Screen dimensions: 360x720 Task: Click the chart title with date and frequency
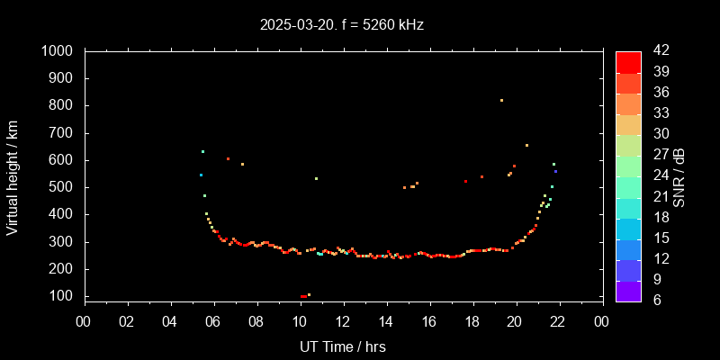[341, 25]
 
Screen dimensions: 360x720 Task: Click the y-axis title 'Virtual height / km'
[13, 177]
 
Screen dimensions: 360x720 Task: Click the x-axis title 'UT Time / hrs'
[343, 346]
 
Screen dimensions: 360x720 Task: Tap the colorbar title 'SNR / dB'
[679, 177]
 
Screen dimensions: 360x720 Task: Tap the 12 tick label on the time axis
[343, 321]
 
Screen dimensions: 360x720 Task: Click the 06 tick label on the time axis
[214, 321]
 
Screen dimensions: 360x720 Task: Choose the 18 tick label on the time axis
[472, 321]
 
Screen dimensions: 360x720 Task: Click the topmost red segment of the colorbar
[628, 61]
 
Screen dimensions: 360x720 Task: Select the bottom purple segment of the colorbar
[628, 290]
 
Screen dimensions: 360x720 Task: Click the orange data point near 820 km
[501, 100]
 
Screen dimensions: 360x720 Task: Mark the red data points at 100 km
[303, 296]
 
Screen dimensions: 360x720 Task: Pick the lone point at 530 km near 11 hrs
[316, 178]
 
